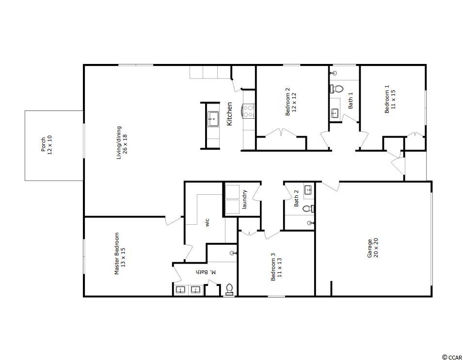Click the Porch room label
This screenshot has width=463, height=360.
click(x=47, y=145)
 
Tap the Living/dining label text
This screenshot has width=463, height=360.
click(x=122, y=143)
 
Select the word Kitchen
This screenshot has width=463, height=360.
click(x=229, y=114)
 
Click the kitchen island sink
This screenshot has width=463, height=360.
click(x=213, y=119)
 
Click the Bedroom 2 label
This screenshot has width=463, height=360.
click(x=290, y=102)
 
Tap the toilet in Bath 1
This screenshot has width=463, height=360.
click(x=336, y=88)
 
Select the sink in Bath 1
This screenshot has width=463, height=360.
click(x=335, y=113)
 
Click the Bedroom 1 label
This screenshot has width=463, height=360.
click(x=390, y=99)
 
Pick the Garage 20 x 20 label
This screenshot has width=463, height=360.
click(x=373, y=248)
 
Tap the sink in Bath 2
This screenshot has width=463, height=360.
click(x=308, y=190)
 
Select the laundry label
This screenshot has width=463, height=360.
click(x=244, y=200)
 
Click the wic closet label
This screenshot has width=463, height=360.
click(x=207, y=222)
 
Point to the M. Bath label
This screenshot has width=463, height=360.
click(x=206, y=272)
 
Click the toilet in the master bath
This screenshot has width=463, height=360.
click(x=229, y=289)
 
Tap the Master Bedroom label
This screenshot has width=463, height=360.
click(x=120, y=254)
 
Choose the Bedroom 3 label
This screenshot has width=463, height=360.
click(x=276, y=267)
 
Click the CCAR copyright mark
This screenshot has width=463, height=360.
click(x=452, y=357)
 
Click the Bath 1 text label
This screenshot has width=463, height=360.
click(x=351, y=100)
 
